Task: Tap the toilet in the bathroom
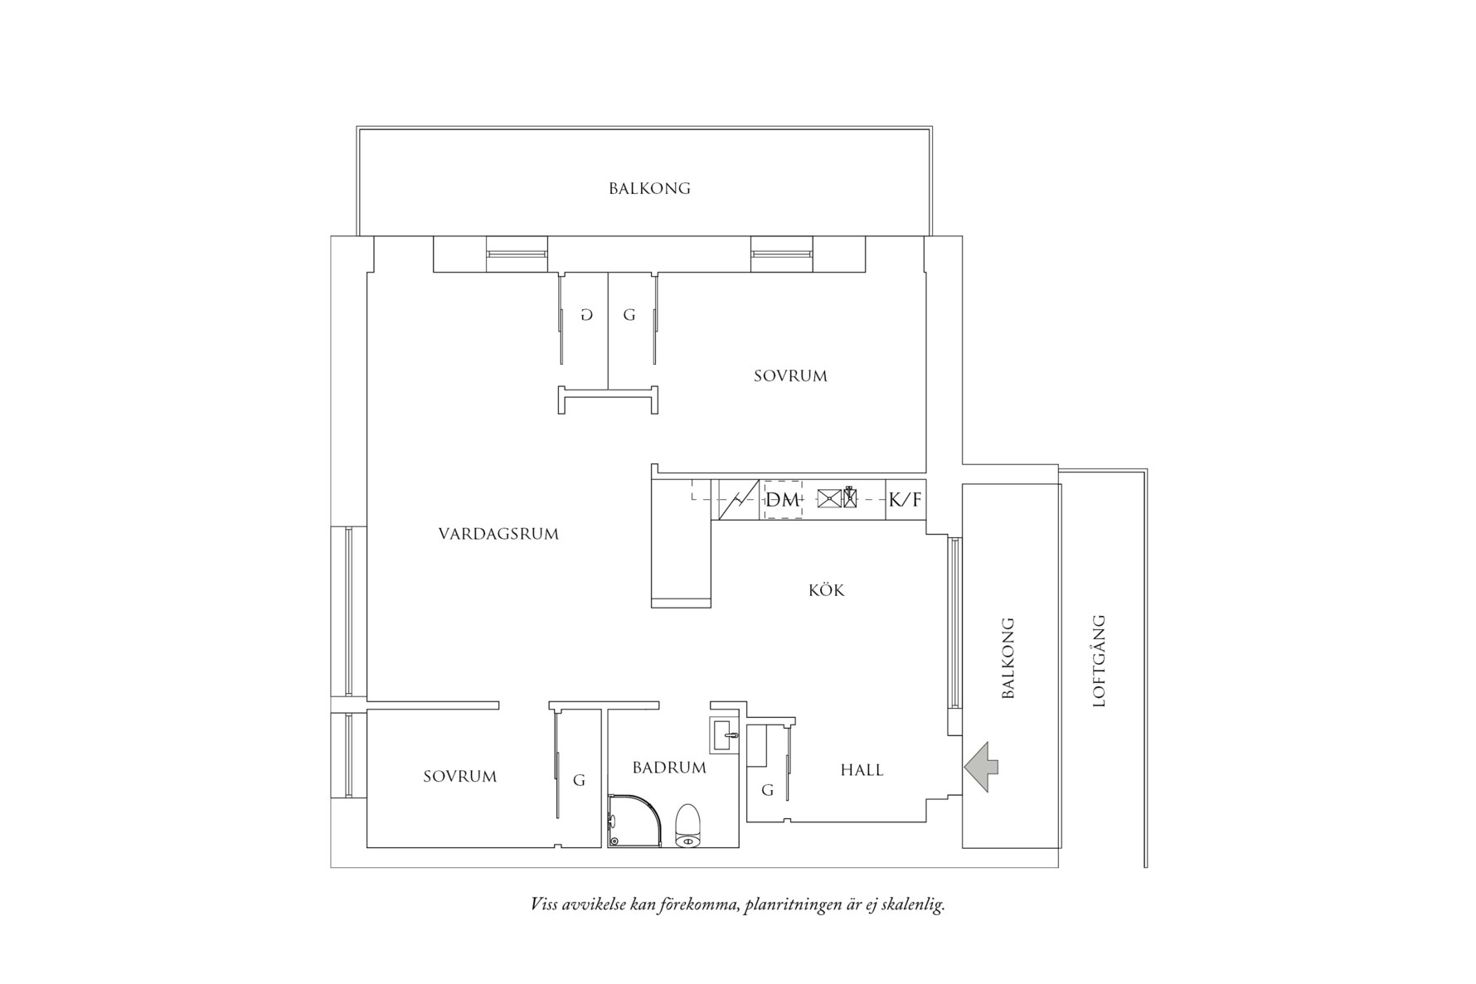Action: (688, 826)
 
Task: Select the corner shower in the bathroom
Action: (634, 822)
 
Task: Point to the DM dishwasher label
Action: (783, 500)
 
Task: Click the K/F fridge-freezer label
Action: (905, 500)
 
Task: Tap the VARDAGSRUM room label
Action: (498, 534)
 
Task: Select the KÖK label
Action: (826, 590)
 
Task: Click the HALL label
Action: (862, 770)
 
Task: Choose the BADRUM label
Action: (669, 768)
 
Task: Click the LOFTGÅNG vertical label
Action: (1100, 660)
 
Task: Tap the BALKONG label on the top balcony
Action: (649, 188)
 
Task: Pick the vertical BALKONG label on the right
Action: (1008, 657)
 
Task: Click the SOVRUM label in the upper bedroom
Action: (790, 376)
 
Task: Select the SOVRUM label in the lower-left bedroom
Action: (459, 777)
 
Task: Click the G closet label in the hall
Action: (767, 791)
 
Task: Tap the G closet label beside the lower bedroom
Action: (579, 780)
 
